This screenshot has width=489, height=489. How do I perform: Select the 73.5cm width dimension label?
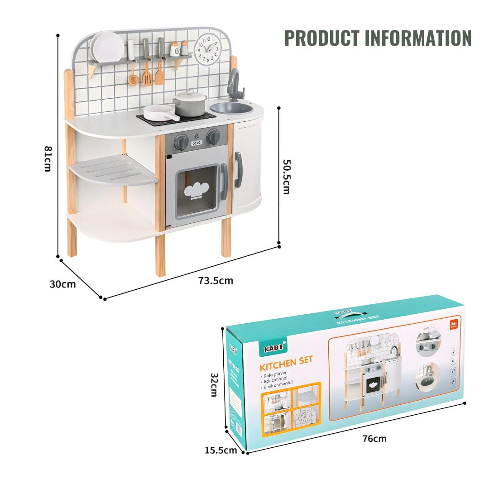[216, 281]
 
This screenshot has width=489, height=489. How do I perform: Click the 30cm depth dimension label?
[62, 284]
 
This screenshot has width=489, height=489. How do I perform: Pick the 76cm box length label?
[374, 438]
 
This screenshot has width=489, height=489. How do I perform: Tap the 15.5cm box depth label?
[221, 450]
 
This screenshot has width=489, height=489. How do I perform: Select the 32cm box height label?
[214, 384]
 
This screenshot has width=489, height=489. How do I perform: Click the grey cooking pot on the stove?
[189, 104]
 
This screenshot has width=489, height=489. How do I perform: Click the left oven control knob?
[182, 142]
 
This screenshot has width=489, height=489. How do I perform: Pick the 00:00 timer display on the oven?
[197, 143]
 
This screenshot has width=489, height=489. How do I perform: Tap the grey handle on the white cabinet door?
[238, 170]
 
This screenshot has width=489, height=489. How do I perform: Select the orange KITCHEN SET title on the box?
[286, 363]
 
